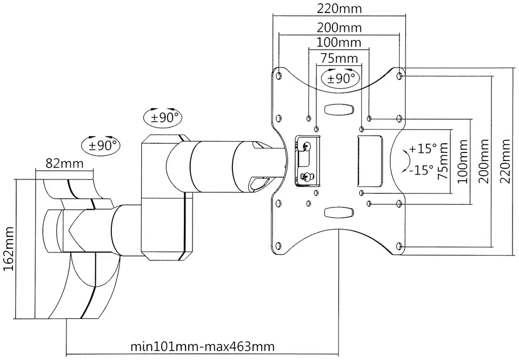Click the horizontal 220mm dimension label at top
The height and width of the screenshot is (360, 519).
pyautogui.click(x=340, y=9)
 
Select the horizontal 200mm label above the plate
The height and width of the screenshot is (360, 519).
pyautogui.click(x=340, y=28)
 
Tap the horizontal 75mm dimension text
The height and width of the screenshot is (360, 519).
pyautogui.click(x=340, y=58)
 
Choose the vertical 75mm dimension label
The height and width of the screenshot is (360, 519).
pyautogui.click(x=443, y=161)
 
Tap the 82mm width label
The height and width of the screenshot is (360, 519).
pyautogui.click(x=65, y=163)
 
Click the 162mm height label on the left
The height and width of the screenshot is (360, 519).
pyautogui.click(x=9, y=249)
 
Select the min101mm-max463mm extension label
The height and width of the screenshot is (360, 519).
pyautogui.click(x=203, y=347)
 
